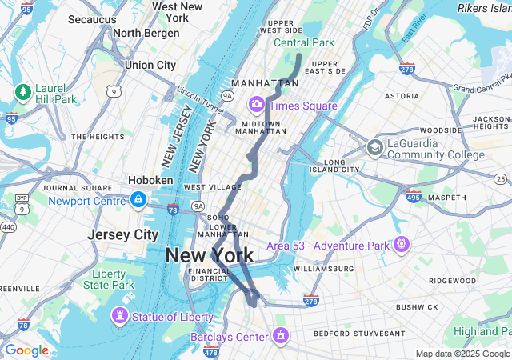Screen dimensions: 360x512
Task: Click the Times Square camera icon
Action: click(x=257, y=104)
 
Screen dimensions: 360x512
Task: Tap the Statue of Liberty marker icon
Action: click(x=120, y=316)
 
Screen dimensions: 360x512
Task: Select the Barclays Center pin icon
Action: click(x=280, y=334)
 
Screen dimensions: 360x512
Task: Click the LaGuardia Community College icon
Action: click(x=374, y=148)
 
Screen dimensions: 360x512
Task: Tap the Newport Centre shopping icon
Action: click(x=138, y=199)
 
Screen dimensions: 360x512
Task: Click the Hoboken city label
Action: click(x=150, y=181)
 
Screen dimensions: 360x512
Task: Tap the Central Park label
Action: click(x=303, y=42)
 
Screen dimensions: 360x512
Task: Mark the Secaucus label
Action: click(x=92, y=18)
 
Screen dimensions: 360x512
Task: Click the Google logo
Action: click(x=26, y=350)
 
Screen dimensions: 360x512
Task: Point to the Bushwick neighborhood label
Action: click(x=416, y=306)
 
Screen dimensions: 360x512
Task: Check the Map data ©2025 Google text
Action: click(x=462, y=354)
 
